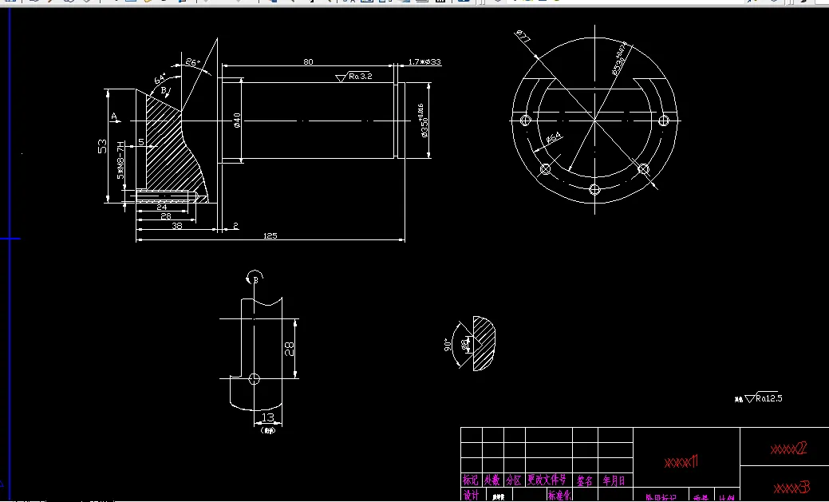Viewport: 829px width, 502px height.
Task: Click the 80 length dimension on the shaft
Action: (x=308, y=61)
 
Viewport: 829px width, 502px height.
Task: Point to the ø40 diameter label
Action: (x=237, y=120)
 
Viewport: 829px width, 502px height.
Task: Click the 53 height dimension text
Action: (x=102, y=146)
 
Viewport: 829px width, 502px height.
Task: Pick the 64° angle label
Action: (x=160, y=79)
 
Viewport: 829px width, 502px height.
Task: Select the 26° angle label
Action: (x=192, y=61)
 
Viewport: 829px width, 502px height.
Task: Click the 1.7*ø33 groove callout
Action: (x=424, y=61)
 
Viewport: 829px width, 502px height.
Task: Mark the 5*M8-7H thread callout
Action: (x=121, y=160)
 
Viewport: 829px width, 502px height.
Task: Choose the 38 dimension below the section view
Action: (x=176, y=226)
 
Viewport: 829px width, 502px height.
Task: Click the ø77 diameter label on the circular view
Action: (x=523, y=37)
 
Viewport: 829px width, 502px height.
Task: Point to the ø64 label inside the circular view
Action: (x=553, y=138)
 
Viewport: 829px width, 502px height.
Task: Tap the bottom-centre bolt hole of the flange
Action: (x=594, y=188)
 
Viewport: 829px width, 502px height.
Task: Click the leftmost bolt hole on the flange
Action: (x=525, y=120)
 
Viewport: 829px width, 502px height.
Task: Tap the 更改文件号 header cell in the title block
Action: (x=547, y=480)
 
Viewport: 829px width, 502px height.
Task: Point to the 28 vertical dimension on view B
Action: (x=290, y=348)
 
